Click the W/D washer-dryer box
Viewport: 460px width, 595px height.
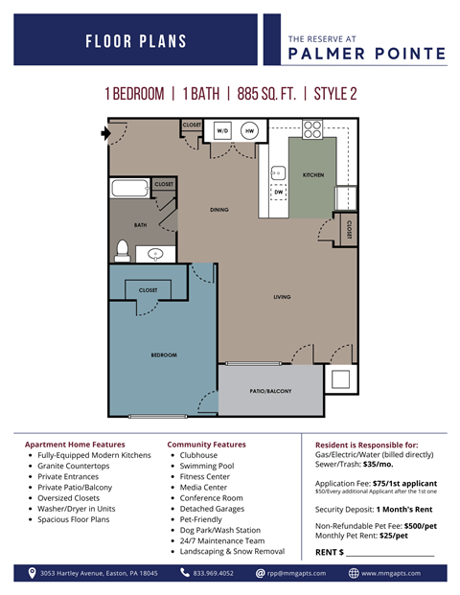pos(222,129)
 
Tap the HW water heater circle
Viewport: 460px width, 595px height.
pos(248,129)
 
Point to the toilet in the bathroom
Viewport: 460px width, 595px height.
pos(123,248)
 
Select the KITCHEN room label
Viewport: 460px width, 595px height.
pos(313,175)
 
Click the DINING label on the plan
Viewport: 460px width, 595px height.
pos(219,209)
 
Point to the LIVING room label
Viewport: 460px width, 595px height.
pos(282,297)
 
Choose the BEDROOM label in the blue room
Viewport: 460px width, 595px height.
pos(164,355)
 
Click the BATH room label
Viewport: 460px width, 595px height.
pos(140,225)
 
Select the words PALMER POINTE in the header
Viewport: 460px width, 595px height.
pos(366,54)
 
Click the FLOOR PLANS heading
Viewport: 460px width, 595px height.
pos(136,41)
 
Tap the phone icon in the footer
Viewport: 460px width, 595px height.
pos(185,573)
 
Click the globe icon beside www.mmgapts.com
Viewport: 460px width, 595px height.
pos(354,573)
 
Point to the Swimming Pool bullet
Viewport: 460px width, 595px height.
pos(208,466)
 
